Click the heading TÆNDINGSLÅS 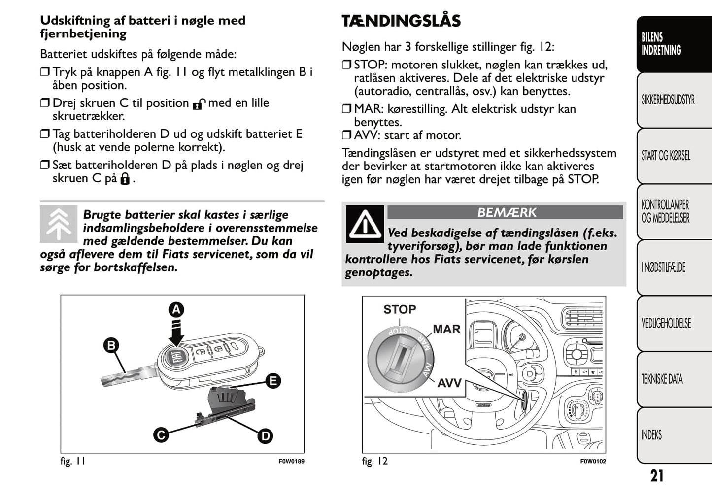click(x=401, y=21)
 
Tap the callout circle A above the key click(x=176, y=309)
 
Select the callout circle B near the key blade click(x=111, y=345)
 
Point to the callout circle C click(x=161, y=435)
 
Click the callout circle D click(x=265, y=435)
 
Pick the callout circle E click(x=272, y=381)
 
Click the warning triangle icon click(x=365, y=225)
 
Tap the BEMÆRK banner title click(x=506, y=212)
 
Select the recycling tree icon click(x=59, y=224)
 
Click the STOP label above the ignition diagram click(x=400, y=309)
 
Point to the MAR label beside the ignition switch click(x=446, y=329)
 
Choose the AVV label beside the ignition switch click(x=449, y=383)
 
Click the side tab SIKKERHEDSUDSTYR click(x=668, y=100)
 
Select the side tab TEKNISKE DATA click(x=662, y=379)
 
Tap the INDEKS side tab click(x=651, y=435)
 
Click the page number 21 click(x=657, y=476)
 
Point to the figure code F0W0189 click(x=291, y=462)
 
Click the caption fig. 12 click(x=374, y=461)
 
